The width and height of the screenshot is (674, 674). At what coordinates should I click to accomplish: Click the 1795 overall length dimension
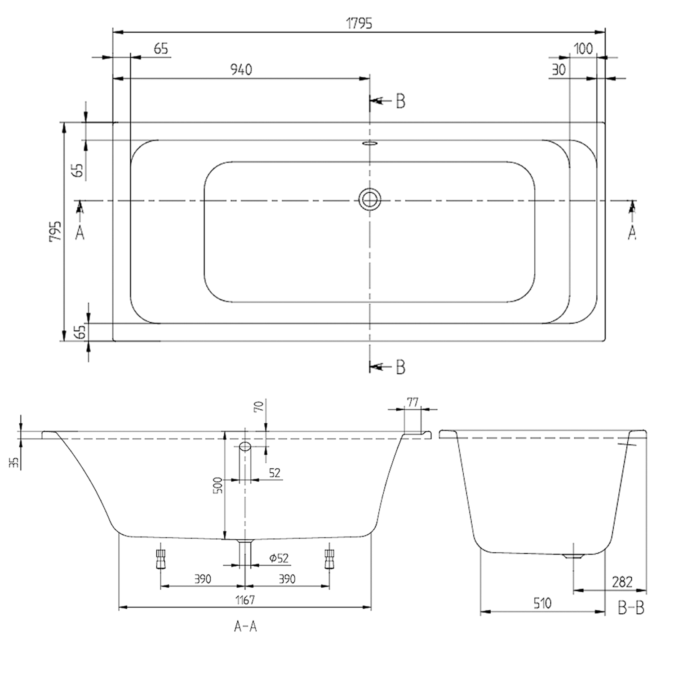coord(359,23)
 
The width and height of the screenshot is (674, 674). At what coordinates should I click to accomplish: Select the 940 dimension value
coord(241,70)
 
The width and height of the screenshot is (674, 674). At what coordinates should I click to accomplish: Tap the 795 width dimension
coord(55,231)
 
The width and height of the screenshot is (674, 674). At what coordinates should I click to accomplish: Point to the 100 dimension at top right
coord(583,49)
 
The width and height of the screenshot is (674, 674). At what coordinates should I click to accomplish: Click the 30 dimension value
coord(558,70)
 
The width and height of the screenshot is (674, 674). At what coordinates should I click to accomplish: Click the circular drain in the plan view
coord(370,199)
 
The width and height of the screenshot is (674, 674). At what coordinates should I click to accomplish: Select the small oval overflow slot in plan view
coord(370,144)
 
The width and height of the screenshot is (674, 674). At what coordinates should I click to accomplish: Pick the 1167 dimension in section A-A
coord(245,599)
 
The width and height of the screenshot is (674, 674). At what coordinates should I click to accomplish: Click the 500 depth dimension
coord(217,486)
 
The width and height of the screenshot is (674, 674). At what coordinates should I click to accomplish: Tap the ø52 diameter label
coord(279,558)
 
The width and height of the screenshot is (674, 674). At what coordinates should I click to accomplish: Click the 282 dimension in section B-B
coord(622,582)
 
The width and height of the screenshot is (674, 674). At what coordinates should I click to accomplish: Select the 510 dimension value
coord(542,603)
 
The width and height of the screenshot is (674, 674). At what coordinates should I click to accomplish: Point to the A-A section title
coord(245,626)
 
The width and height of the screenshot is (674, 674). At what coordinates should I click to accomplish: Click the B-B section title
coord(631,608)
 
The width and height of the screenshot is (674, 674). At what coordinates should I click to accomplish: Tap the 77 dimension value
coord(412,402)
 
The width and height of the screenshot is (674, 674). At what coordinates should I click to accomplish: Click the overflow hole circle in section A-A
coord(245,446)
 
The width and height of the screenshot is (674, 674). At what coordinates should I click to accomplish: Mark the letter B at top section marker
coord(400,102)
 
